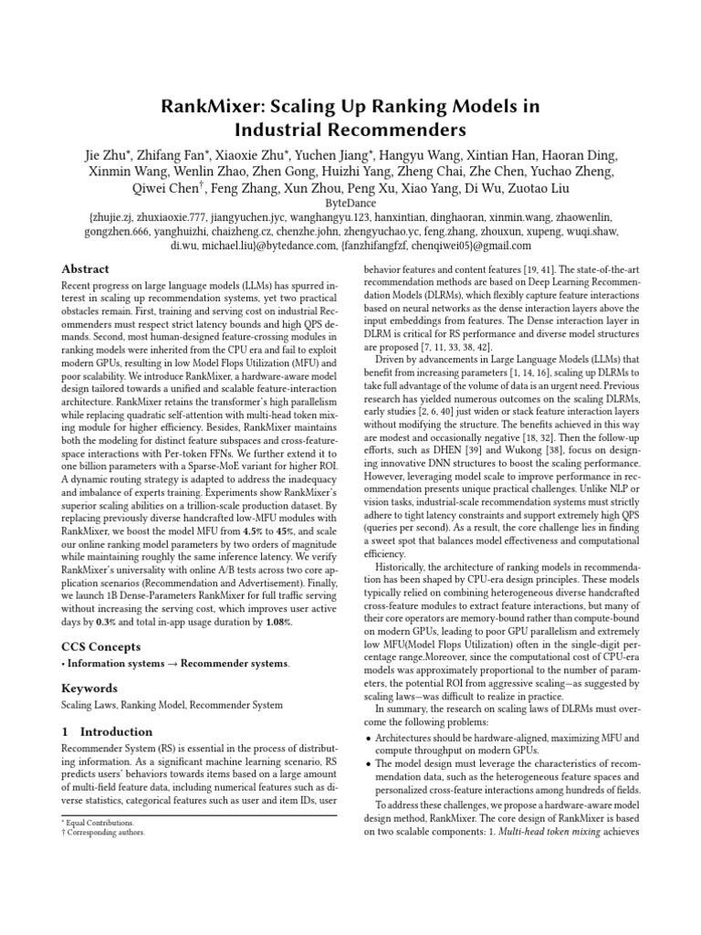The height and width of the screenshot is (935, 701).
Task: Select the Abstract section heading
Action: [x=85, y=269]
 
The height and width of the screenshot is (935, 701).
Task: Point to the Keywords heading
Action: [x=89, y=688]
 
